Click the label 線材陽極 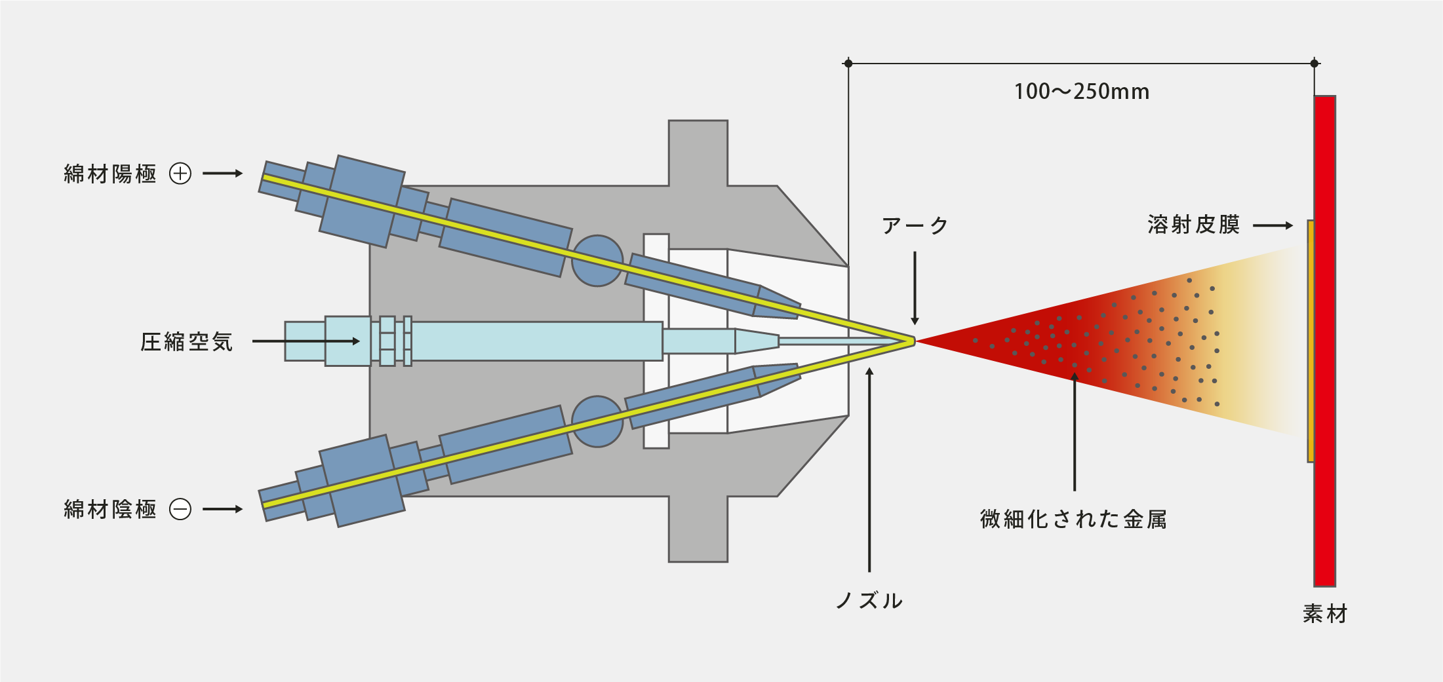[110, 174]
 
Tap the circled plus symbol [180, 174]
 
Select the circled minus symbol [180, 509]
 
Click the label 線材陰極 [110, 509]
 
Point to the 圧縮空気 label [187, 342]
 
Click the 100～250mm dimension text [1081, 92]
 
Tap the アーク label [915, 226]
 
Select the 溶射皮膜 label [1193, 225]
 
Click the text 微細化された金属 [1073, 520]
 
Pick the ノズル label [869, 601]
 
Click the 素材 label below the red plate [1324, 614]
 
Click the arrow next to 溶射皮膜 [1273, 225]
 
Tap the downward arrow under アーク [915, 288]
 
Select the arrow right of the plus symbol [223, 174]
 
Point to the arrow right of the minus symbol [223, 509]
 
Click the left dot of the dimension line [848, 64]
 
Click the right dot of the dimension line [1314, 64]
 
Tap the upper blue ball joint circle [597, 261]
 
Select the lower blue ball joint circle [597, 421]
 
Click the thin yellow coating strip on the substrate [1311, 341]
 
